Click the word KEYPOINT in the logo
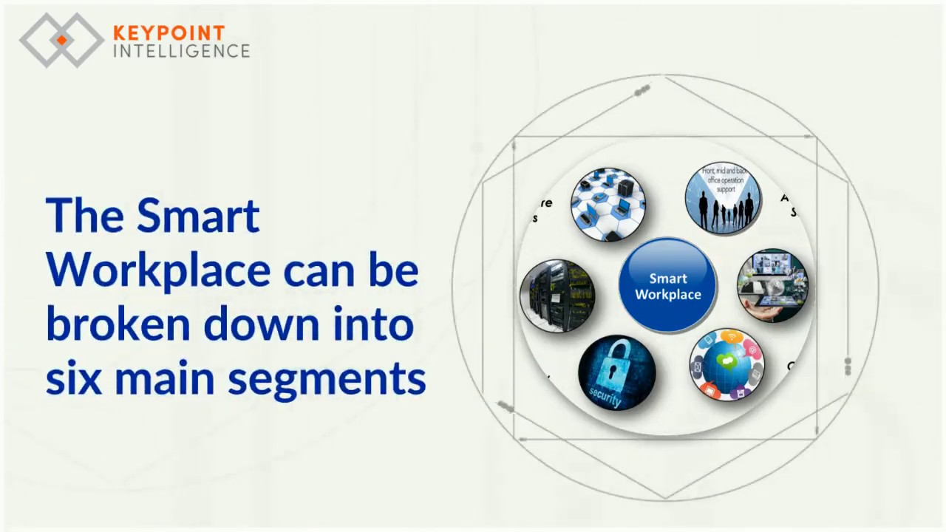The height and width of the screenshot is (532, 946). pyautogui.click(x=169, y=33)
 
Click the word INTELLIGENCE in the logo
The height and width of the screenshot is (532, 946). pyautogui.click(x=181, y=51)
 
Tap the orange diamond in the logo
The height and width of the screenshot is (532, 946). pyautogui.click(x=62, y=40)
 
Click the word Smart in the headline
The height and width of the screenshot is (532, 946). pyautogui.click(x=198, y=216)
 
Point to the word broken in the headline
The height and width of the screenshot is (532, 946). pyautogui.click(x=118, y=324)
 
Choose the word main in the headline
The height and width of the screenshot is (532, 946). pyautogui.click(x=169, y=378)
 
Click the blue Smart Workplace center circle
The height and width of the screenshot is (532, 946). pyautogui.click(x=667, y=286)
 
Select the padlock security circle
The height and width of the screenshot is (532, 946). pyautogui.click(x=616, y=372)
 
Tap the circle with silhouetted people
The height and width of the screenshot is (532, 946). pyautogui.click(x=723, y=198)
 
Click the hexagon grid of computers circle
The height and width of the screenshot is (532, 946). pyautogui.click(x=608, y=205)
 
